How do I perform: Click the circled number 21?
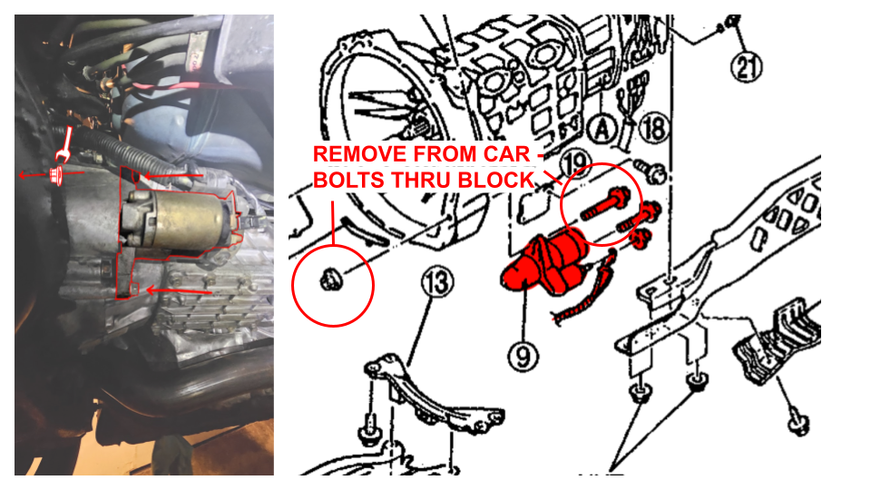pyautogui.click(x=746, y=66)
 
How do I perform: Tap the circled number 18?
pyautogui.click(x=654, y=129)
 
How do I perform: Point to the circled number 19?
pyautogui.click(x=575, y=162)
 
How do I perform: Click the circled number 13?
pyautogui.click(x=437, y=282)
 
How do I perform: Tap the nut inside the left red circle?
pyautogui.click(x=331, y=279)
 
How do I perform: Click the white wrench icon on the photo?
pyautogui.click(x=64, y=144)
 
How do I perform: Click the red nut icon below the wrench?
pyautogui.click(x=55, y=174)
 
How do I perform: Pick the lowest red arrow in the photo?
pyautogui.click(x=179, y=291)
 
